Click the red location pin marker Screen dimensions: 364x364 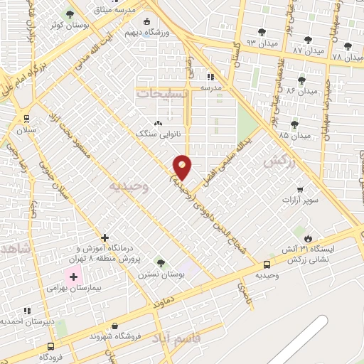coord(183,166)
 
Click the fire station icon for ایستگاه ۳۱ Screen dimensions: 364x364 coord(307,238)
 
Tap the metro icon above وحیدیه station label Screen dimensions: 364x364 coord(267,263)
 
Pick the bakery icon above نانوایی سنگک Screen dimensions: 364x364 coord(159,122)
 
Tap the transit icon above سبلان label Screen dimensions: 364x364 coord(26,119)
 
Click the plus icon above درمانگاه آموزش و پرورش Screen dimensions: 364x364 coord(105,237)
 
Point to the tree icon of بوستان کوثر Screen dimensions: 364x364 coord(69,14)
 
